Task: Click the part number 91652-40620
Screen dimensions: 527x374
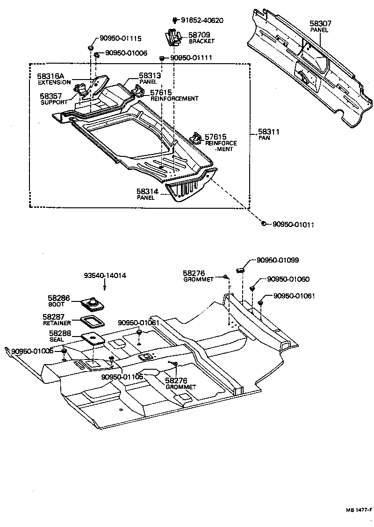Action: (202, 20)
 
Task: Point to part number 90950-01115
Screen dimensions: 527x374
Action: (120, 39)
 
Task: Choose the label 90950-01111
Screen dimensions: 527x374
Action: (192, 58)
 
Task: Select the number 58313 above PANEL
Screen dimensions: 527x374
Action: (150, 75)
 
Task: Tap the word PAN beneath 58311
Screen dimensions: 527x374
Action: (263, 139)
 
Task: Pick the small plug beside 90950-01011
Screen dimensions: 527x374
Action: (264, 224)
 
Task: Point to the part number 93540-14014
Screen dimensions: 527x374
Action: (105, 276)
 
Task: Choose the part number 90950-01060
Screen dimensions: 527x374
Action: (288, 279)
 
